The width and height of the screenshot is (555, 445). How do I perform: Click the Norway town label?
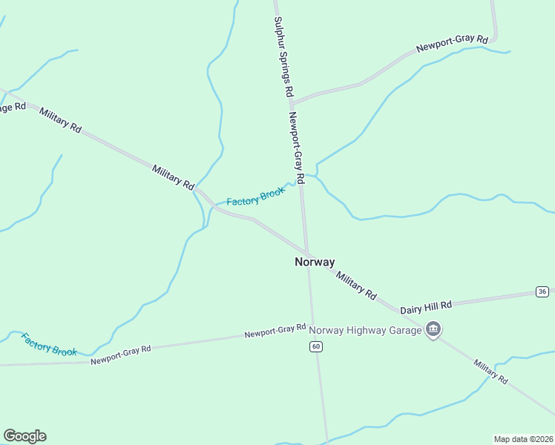point(315,262)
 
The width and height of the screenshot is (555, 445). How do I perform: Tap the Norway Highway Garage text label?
point(365,330)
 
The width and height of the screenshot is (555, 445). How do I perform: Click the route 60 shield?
point(316,346)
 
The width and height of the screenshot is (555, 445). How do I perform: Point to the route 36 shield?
point(542,291)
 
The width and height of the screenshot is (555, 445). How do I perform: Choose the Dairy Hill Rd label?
point(426,306)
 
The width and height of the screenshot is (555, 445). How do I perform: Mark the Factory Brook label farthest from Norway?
point(49,344)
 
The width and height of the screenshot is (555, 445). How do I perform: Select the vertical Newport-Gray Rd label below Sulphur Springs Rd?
point(297,148)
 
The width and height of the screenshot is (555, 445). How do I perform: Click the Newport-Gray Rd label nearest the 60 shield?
point(275,331)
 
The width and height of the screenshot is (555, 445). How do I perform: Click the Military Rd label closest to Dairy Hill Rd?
point(356,285)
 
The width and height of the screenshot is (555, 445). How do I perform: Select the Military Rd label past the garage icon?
point(491,371)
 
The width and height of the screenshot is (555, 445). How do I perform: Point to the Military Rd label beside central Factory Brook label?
point(173,177)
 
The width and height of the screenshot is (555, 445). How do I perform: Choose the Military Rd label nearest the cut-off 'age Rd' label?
point(60,120)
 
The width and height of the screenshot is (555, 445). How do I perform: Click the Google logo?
point(24,436)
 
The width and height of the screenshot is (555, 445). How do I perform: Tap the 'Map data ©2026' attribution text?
point(522,438)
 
